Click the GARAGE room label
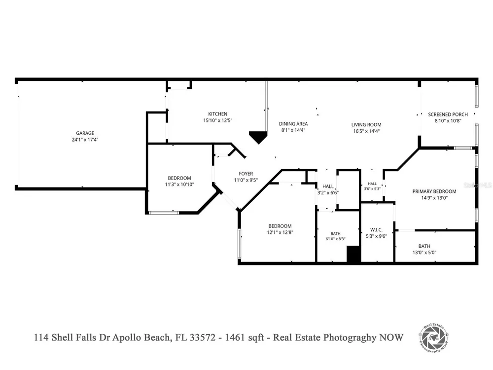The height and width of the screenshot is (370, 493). (x=85, y=133)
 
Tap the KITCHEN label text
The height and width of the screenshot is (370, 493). (x=217, y=114)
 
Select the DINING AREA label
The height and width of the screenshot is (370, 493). (x=293, y=124)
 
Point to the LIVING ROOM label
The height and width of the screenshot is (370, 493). (x=366, y=125)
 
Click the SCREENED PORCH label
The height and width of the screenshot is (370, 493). (x=448, y=114)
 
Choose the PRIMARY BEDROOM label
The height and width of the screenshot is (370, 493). (x=434, y=191)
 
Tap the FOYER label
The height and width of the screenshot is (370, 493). (x=246, y=173)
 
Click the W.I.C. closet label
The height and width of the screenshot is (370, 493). (x=376, y=230)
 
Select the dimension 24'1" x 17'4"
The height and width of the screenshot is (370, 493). (x=85, y=140)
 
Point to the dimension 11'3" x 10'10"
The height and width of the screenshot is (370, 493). (x=179, y=185)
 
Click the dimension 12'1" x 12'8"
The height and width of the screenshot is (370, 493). (x=280, y=232)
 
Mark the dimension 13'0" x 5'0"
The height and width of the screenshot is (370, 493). (x=424, y=252)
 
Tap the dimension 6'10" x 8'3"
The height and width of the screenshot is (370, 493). (x=335, y=239)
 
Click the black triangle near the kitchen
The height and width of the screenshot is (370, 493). (x=258, y=137)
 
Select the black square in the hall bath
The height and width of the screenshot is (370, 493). (x=353, y=254)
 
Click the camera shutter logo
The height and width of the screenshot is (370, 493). (x=434, y=338)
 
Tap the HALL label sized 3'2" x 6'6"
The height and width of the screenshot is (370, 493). (x=328, y=186)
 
